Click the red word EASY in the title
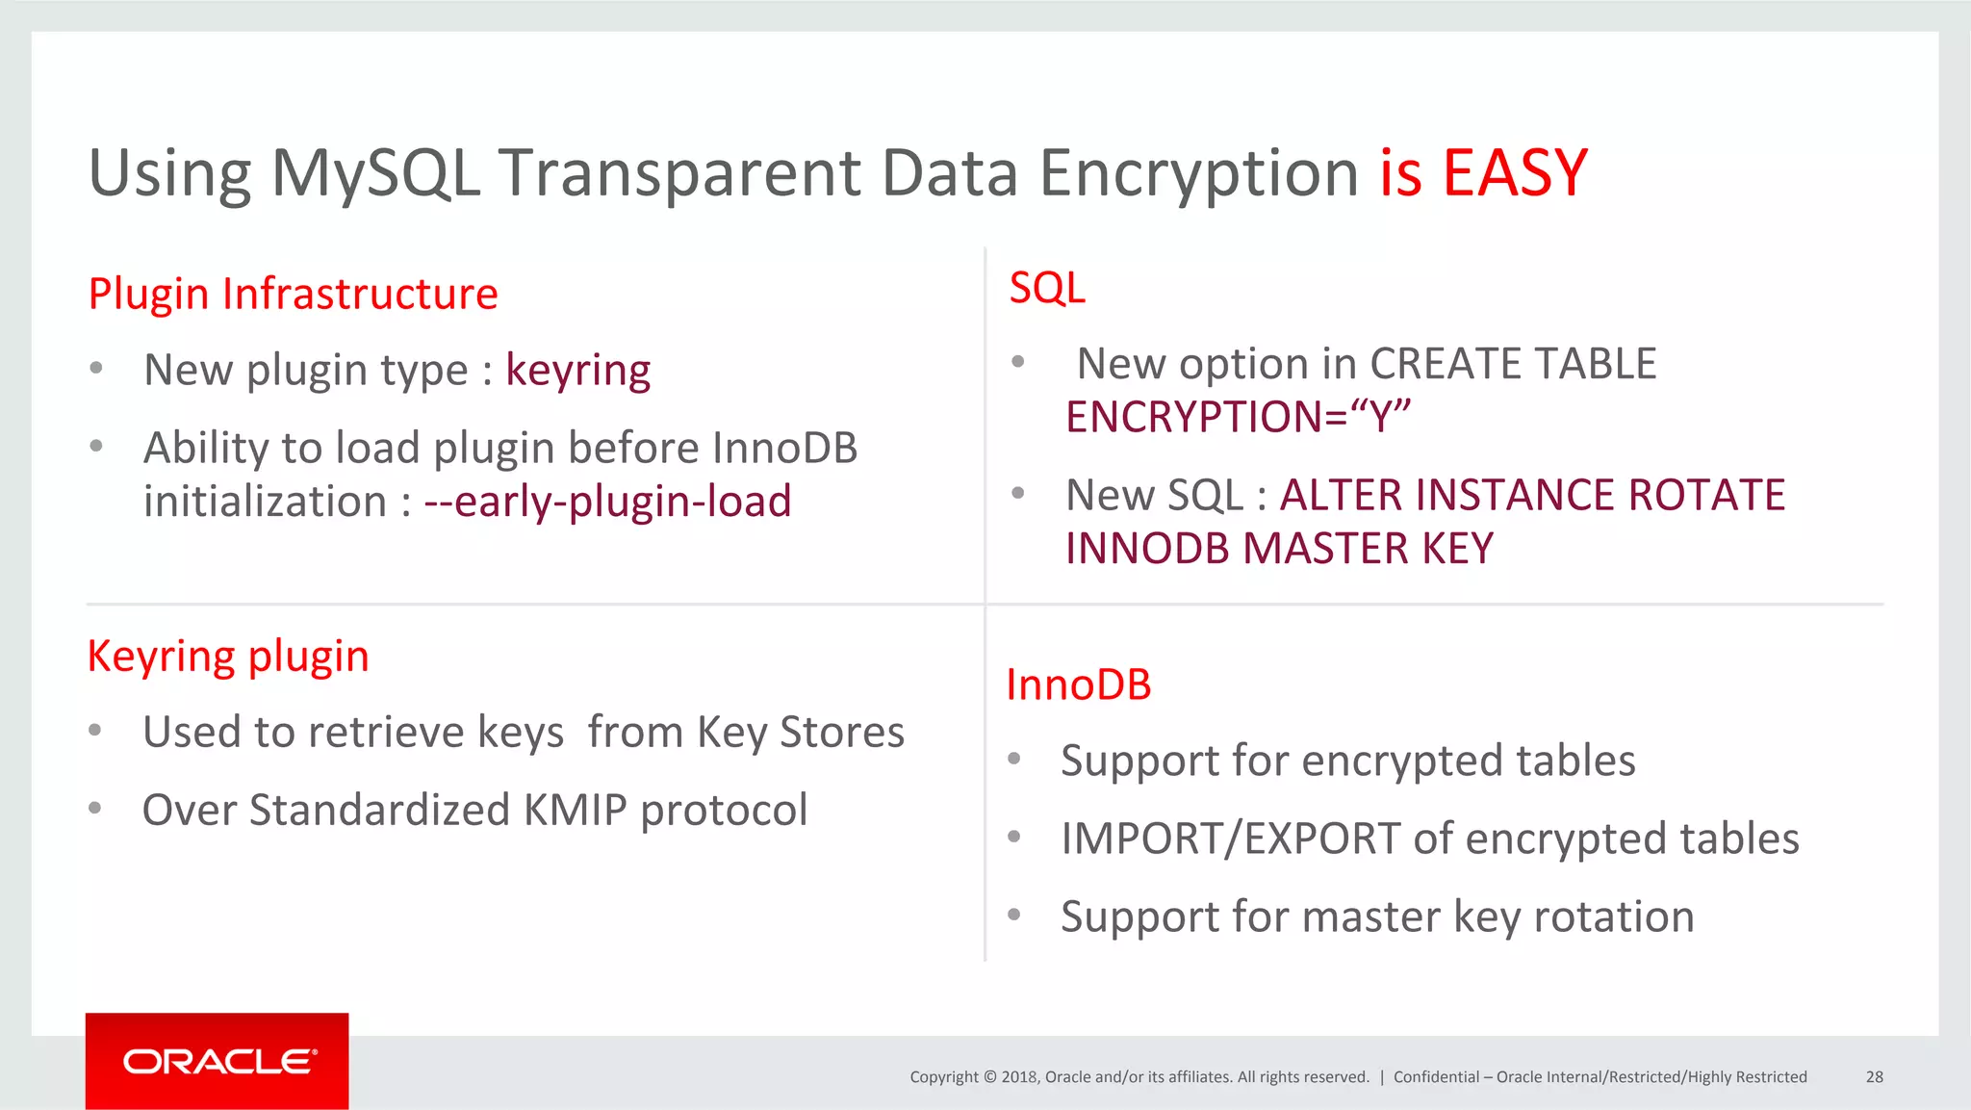pos(1514,174)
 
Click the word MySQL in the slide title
pos(375,174)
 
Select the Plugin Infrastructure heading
pos(293,294)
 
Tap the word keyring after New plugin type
pos(577,371)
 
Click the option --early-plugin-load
pos(607,502)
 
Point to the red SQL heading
pos(1047,288)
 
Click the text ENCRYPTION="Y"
pos(1238,417)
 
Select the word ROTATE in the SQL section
pos(1706,495)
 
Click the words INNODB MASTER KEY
pos(1279,549)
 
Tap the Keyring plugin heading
pos(228,657)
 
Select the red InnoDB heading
pos(1078,685)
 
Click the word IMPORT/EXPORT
pos(1231,839)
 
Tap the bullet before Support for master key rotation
pos(1013,915)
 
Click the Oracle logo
pos(218,1061)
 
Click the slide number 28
pos(1874,1077)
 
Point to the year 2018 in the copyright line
pos(1018,1077)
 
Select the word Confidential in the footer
pos(1436,1077)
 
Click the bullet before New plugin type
pos(95,369)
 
